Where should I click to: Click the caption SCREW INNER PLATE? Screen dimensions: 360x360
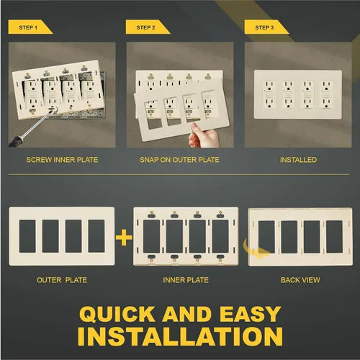click(x=62, y=160)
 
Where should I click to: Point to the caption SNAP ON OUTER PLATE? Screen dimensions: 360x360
click(x=179, y=160)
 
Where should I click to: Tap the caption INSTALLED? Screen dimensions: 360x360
click(x=298, y=160)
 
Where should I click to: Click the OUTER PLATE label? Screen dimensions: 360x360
click(x=62, y=280)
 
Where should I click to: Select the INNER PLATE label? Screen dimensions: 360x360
click(x=186, y=280)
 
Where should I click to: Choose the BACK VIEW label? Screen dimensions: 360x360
click(x=300, y=280)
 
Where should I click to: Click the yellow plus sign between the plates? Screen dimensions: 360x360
click(x=124, y=238)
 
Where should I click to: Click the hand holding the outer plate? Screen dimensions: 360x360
click(x=204, y=135)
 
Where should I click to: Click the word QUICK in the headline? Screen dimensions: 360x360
click(x=117, y=314)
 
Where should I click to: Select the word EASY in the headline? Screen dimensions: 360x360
click(x=251, y=314)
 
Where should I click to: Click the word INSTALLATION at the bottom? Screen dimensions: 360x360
click(x=180, y=336)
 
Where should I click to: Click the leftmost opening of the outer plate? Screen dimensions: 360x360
click(x=27, y=236)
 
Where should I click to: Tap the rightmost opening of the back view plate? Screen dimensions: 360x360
click(x=334, y=237)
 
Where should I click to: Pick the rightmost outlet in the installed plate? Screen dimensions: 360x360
click(x=326, y=94)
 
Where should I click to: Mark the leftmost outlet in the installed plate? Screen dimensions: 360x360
click(x=269, y=94)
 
